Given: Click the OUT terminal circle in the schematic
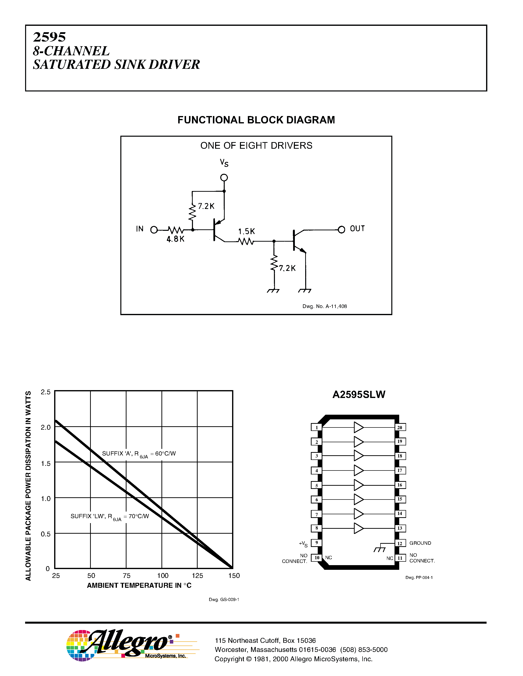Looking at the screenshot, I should [x=341, y=230].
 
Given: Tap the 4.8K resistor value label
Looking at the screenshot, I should [x=175, y=239].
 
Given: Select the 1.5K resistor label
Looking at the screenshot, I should [x=246, y=231].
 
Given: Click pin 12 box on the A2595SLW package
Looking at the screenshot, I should [x=400, y=543].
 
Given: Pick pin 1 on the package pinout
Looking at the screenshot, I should [x=316, y=427].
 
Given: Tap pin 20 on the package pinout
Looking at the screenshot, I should [x=400, y=427].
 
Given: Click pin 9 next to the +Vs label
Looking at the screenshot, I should [x=316, y=543].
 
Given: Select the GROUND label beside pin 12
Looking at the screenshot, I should [x=420, y=543].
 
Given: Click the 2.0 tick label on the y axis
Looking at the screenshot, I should [x=46, y=427].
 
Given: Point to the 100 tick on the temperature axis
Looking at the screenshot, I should [x=163, y=575].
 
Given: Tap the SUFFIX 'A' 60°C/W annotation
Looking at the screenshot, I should [x=139, y=454].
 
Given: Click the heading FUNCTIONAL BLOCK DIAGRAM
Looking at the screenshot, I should [x=256, y=120].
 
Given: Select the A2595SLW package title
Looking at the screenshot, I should [x=359, y=395].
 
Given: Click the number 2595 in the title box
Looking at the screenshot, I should [x=49, y=37].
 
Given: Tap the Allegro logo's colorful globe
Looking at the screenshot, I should [x=78, y=645].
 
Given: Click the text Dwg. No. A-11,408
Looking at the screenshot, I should [x=324, y=306].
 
